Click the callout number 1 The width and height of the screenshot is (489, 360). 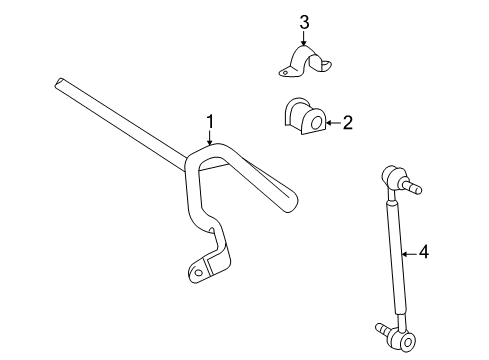point(211,122)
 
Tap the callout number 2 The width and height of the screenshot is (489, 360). point(347,123)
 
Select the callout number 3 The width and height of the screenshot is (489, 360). point(304,20)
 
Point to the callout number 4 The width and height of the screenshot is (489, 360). point(423,253)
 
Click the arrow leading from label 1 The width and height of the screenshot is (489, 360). point(210,140)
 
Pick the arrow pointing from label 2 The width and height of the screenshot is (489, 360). point(331,123)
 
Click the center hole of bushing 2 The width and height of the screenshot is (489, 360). point(316,123)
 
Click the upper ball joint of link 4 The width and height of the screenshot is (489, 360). point(392,178)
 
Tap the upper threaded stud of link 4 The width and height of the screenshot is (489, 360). point(412,186)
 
